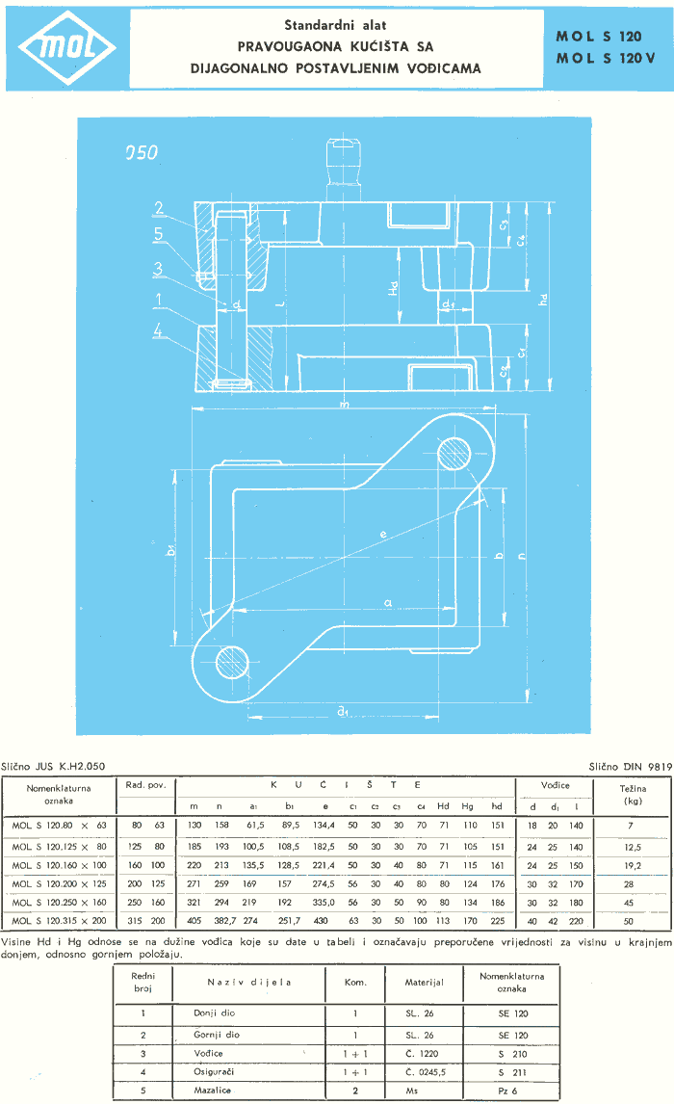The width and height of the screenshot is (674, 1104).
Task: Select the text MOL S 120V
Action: coord(605,59)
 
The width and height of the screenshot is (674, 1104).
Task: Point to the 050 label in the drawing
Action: coord(141,152)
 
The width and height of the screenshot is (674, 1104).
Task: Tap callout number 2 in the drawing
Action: coord(160,207)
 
